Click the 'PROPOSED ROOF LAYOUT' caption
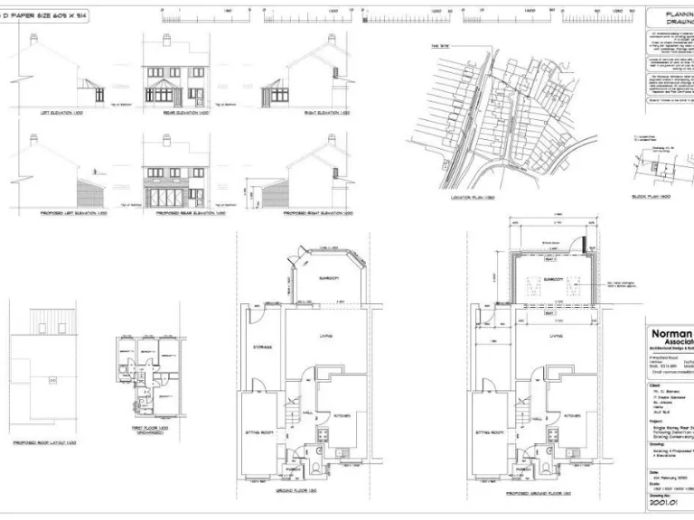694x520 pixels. point(45,417)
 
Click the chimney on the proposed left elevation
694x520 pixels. point(33,140)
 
